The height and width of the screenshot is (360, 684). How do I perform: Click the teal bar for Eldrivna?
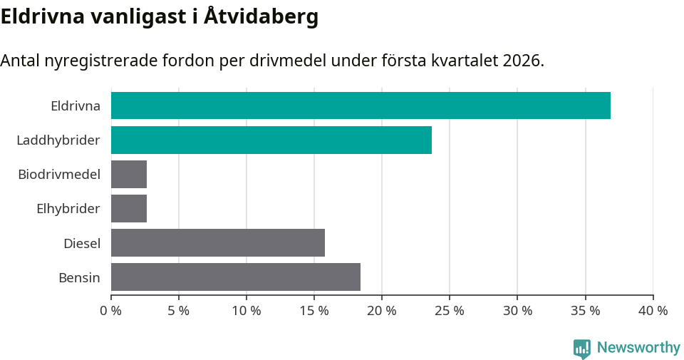click(361, 106)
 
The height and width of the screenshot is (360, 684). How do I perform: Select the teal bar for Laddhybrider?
click(271, 140)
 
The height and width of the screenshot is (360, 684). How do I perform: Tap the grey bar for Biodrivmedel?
click(129, 174)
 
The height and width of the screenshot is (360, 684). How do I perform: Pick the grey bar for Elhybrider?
click(129, 208)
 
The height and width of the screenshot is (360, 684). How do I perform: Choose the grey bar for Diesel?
click(218, 242)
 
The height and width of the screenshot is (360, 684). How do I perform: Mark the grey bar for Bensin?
click(236, 277)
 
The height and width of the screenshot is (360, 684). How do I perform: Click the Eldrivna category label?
click(75, 106)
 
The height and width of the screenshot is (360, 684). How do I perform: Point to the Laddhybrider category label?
click(58, 140)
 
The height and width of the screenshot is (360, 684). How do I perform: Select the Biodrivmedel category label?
click(59, 175)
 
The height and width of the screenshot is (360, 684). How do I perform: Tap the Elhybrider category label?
click(68, 209)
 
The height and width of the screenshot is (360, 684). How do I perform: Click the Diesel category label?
click(81, 243)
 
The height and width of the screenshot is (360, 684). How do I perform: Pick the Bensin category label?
click(79, 277)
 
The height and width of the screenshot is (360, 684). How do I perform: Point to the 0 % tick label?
click(111, 311)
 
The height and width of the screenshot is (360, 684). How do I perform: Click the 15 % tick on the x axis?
click(314, 311)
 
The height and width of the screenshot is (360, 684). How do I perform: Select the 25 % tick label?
click(450, 311)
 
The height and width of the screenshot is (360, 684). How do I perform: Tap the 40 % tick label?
click(653, 311)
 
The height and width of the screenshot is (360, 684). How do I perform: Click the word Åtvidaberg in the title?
click(261, 16)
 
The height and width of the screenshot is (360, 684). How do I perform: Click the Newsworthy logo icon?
click(582, 348)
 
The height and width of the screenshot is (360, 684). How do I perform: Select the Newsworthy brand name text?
click(638, 348)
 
